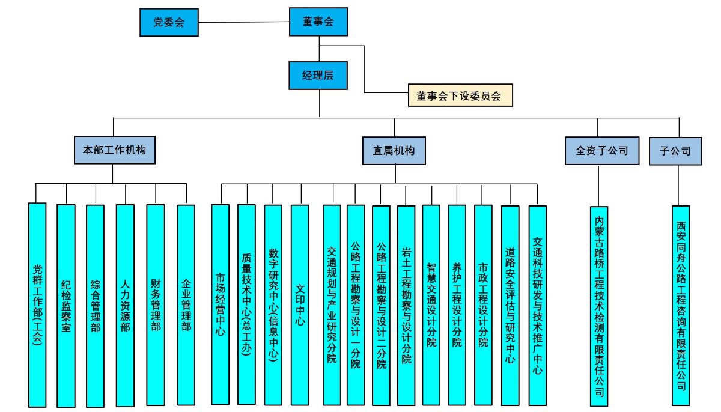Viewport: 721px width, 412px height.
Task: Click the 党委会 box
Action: tap(168, 22)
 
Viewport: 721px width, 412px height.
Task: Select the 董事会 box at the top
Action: tap(318, 22)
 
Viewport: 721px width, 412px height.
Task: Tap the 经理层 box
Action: tap(318, 75)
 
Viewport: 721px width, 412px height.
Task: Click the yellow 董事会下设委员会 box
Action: tap(460, 95)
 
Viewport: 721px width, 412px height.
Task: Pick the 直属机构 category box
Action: tap(394, 150)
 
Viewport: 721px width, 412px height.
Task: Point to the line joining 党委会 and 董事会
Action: tap(243, 23)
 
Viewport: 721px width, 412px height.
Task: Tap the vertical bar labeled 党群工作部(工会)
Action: tap(37, 305)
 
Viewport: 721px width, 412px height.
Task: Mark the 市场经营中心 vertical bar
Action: tap(220, 305)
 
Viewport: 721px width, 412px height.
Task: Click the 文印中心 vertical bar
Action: tap(299, 305)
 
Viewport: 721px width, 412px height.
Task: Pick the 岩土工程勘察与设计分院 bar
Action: tap(406, 305)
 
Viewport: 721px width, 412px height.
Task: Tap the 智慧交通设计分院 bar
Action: tap(431, 305)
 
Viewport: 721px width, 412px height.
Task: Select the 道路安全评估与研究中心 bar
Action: tap(510, 305)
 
